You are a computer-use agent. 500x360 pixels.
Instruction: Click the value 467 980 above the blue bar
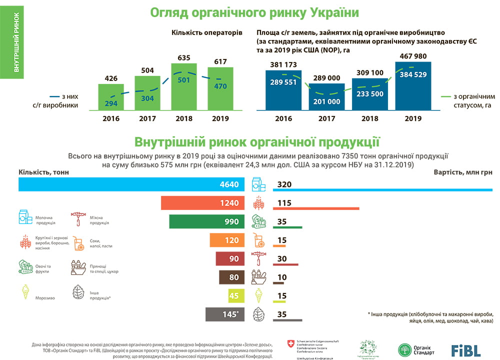click(412, 56)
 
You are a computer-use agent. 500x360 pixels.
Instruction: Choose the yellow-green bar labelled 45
click(236, 296)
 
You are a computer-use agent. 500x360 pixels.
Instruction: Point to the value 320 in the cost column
click(284, 184)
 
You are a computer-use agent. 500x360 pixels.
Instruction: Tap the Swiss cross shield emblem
click(291, 344)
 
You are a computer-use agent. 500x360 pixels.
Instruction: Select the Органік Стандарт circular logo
click(404, 350)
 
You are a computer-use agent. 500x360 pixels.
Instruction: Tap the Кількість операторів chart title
click(206, 32)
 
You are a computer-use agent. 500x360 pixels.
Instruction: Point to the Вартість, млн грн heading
click(463, 172)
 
